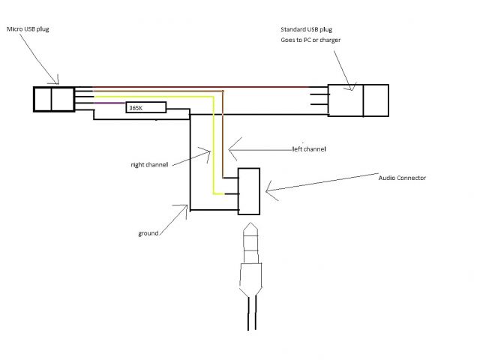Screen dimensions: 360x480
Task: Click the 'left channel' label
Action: pos(309,149)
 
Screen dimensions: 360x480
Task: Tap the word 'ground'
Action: pos(148,233)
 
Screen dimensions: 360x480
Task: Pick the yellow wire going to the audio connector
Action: pos(214,150)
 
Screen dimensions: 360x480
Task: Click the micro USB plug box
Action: pos(53,99)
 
